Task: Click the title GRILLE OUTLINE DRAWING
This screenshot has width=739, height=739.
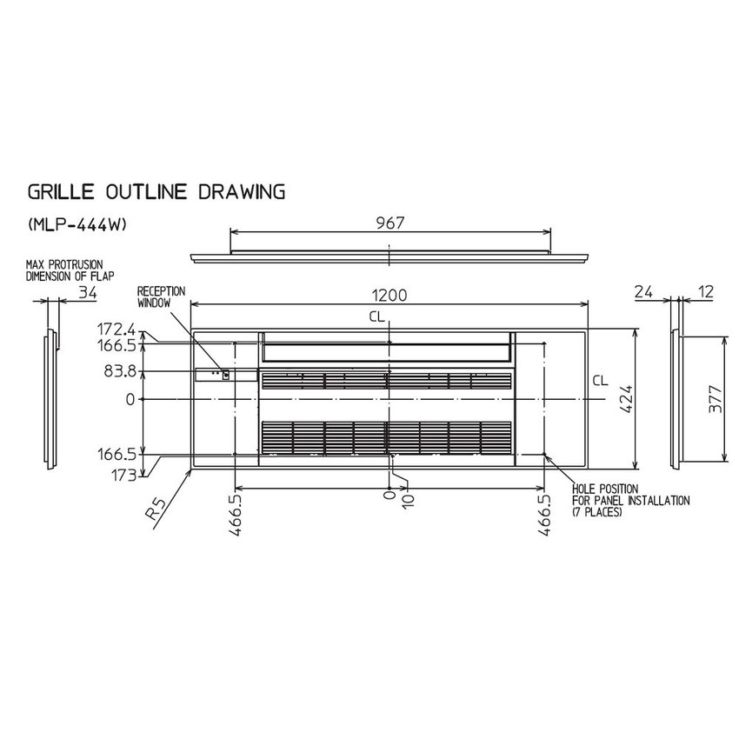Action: pos(156,192)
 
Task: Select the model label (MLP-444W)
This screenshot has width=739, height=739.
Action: pos(77,225)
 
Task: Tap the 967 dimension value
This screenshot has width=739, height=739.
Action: pos(390,223)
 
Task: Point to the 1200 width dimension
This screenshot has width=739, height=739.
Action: pos(389,295)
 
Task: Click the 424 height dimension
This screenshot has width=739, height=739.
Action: pos(626,399)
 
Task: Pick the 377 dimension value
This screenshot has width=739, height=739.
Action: pos(715,400)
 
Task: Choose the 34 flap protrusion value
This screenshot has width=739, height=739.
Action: pos(87,293)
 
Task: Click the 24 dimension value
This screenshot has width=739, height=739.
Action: pos(643,292)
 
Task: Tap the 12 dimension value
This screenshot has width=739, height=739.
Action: pos(704,292)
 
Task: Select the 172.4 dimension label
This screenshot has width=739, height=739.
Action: pos(116,329)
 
